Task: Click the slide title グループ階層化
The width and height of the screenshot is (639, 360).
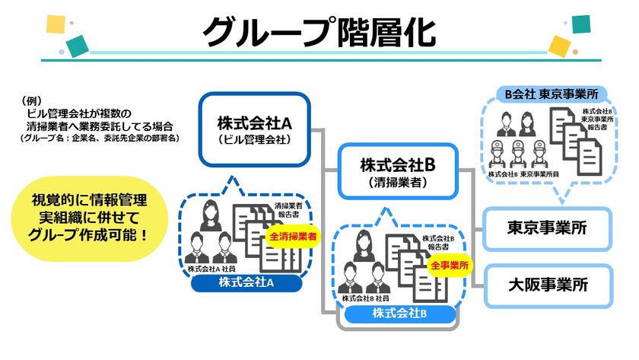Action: click(x=319, y=32)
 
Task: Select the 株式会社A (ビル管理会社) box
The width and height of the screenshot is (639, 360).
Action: click(x=255, y=129)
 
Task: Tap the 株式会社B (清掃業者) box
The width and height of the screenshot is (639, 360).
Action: click(x=398, y=171)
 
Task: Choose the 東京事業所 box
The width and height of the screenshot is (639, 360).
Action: click(x=547, y=228)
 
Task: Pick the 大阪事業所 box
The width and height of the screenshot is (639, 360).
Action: click(x=548, y=285)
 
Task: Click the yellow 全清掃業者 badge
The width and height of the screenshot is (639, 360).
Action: click(x=293, y=236)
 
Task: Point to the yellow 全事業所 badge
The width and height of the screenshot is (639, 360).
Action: click(x=450, y=266)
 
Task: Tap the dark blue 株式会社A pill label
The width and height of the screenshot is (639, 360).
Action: click(x=246, y=282)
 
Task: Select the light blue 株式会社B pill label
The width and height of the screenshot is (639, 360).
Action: click(x=399, y=314)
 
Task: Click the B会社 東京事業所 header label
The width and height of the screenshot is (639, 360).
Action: click(x=552, y=94)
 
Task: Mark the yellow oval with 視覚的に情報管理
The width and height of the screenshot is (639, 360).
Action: click(x=89, y=218)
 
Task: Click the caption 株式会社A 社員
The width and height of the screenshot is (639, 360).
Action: click(x=211, y=269)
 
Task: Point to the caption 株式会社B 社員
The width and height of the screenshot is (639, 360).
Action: click(x=366, y=299)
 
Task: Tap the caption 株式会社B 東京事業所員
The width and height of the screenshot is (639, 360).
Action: click(x=523, y=174)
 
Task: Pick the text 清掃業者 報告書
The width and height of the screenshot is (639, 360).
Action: click(x=288, y=210)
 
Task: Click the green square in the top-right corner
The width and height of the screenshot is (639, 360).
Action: click(x=581, y=24)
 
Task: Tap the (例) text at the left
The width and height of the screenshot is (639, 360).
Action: click(x=31, y=100)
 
